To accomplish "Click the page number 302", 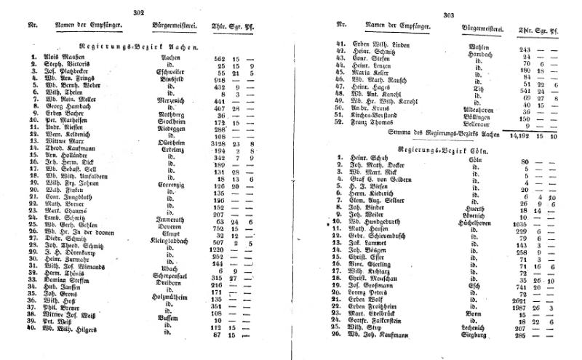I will [140, 12].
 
